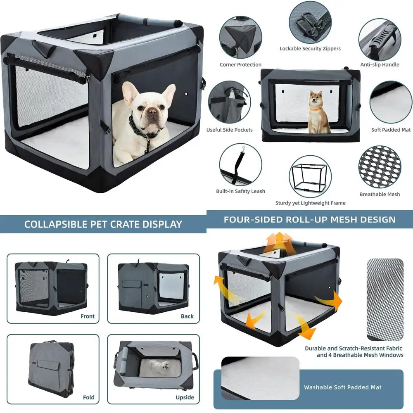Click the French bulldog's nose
[x=152, y=111]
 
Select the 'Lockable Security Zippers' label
[x=310, y=48]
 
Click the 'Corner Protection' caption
[x=240, y=64]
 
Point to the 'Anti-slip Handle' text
[x=380, y=64]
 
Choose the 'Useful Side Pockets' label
[x=229, y=130]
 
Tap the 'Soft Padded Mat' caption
[x=391, y=130]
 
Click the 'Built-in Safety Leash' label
[x=240, y=191]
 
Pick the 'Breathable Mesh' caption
[x=380, y=195]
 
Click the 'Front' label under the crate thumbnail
[x=88, y=316]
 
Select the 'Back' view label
[x=187, y=316]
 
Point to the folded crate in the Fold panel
[x=52, y=369]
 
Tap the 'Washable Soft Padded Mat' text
[x=343, y=387]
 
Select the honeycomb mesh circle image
[x=380, y=167]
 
